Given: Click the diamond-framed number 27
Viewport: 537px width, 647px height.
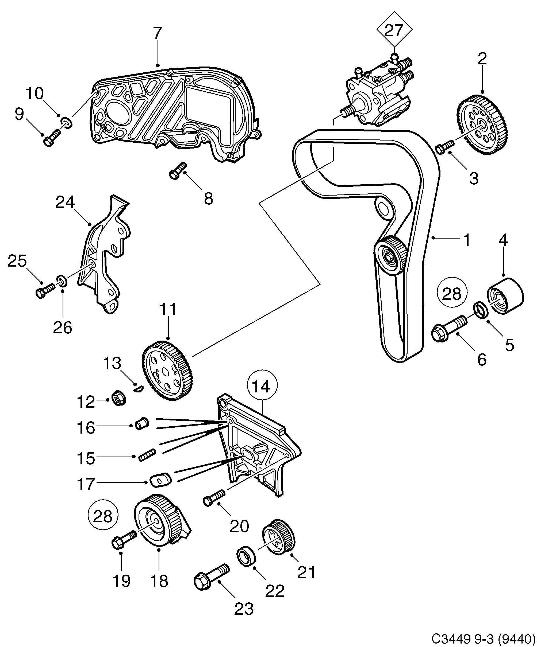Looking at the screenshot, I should tap(394, 30).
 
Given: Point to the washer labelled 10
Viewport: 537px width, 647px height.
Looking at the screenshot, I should tap(67, 123).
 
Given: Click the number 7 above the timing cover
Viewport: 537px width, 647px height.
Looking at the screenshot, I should tap(157, 33).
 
